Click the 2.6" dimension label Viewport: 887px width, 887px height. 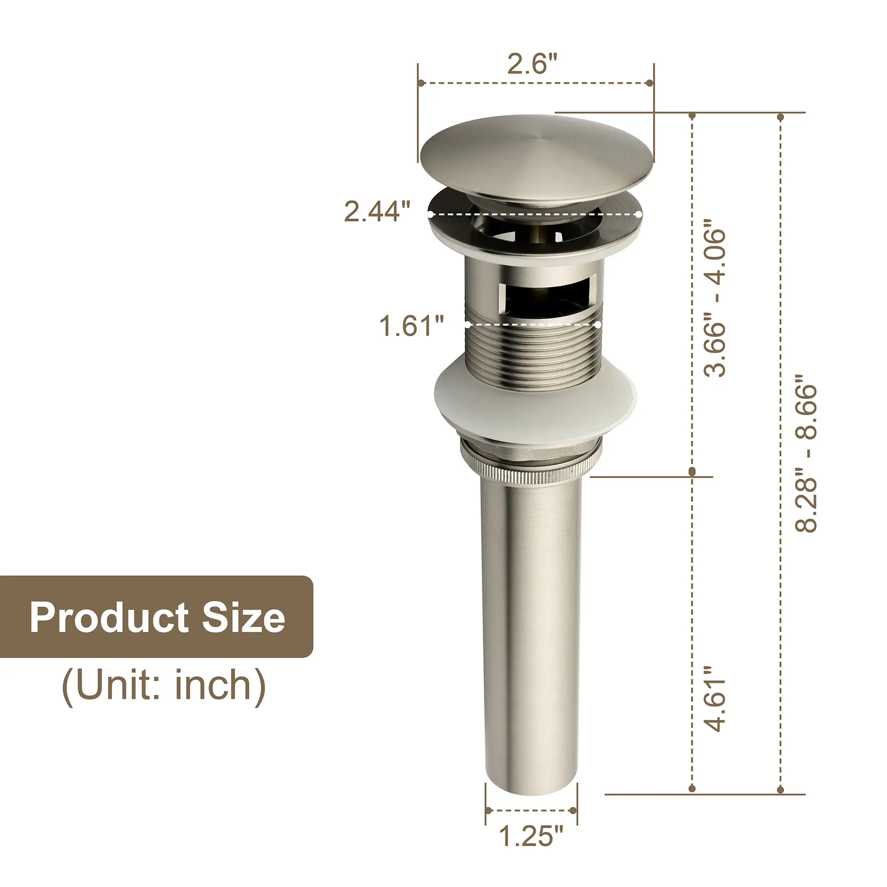click(x=532, y=64)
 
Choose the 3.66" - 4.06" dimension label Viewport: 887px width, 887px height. click(x=715, y=303)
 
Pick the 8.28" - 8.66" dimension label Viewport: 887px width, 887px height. click(x=806, y=459)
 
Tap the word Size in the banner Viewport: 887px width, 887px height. click(x=243, y=617)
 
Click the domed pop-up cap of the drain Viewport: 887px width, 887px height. click(x=536, y=156)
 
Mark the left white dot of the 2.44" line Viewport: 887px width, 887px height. click(x=430, y=214)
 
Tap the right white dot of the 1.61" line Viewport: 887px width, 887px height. click(x=598, y=324)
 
